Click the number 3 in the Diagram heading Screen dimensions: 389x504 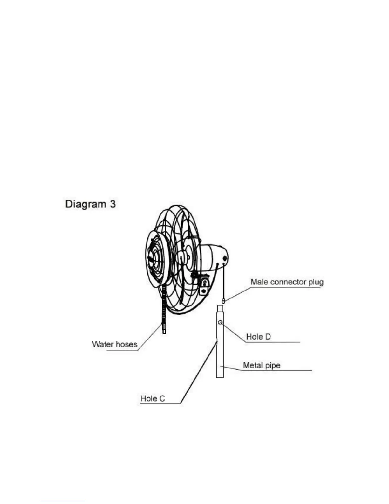point(113,204)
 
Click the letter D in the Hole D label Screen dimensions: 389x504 point(268,337)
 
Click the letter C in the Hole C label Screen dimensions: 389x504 point(162,398)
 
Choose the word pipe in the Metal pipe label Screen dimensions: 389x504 point(273,366)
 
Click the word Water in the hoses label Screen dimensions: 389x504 point(102,344)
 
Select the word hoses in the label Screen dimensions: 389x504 point(126,344)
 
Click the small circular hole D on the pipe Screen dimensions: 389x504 point(220,323)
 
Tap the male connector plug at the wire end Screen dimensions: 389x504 point(223,300)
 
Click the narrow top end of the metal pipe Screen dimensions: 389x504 point(220,308)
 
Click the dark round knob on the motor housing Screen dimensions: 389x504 point(225,258)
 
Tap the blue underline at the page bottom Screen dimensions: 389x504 point(63,501)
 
